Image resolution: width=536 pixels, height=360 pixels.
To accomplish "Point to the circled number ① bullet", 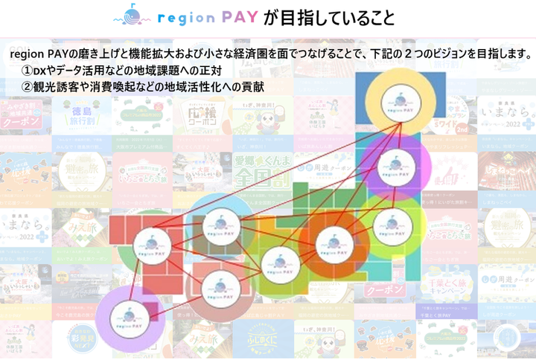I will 28,71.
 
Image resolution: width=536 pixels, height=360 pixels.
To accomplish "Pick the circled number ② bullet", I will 28,87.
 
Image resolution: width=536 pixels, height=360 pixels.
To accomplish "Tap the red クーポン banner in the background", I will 386,289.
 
